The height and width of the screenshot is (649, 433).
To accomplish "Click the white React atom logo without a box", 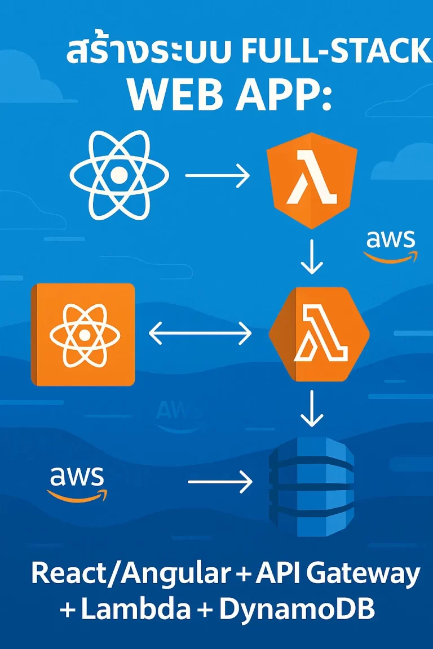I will (x=120, y=175).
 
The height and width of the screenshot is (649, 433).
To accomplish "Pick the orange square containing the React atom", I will (x=83, y=334).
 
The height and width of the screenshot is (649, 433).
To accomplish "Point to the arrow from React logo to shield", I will (x=217, y=176).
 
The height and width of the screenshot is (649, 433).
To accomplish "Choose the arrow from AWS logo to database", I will (x=220, y=482).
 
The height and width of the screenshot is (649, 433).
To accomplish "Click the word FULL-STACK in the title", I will (x=336, y=53).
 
